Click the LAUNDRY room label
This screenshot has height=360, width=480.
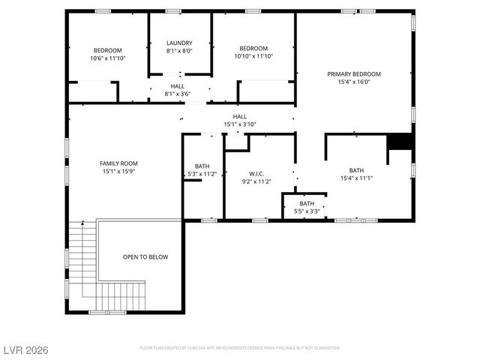(x=179, y=43)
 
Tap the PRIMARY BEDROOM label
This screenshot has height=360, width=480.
(x=354, y=74)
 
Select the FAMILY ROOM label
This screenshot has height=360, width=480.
(x=118, y=163)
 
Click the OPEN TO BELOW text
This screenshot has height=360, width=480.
(x=145, y=256)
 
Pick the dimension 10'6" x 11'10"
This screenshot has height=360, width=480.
(x=108, y=58)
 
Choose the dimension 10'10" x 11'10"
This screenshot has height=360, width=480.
(x=253, y=56)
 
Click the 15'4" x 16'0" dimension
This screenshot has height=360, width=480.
(x=354, y=82)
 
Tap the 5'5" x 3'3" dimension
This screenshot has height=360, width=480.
(x=307, y=211)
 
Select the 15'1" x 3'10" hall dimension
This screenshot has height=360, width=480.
(x=240, y=124)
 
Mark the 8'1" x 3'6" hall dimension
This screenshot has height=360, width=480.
(x=178, y=94)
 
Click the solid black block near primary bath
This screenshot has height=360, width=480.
(x=400, y=142)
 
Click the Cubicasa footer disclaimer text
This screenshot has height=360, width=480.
(x=240, y=348)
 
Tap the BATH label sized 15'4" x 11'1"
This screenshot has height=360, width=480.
(x=356, y=170)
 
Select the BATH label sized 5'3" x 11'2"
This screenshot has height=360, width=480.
(x=202, y=166)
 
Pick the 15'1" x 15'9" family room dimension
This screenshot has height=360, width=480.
(x=118, y=171)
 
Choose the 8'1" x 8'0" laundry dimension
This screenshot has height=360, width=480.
(x=179, y=51)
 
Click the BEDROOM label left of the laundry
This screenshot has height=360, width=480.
(x=108, y=49)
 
